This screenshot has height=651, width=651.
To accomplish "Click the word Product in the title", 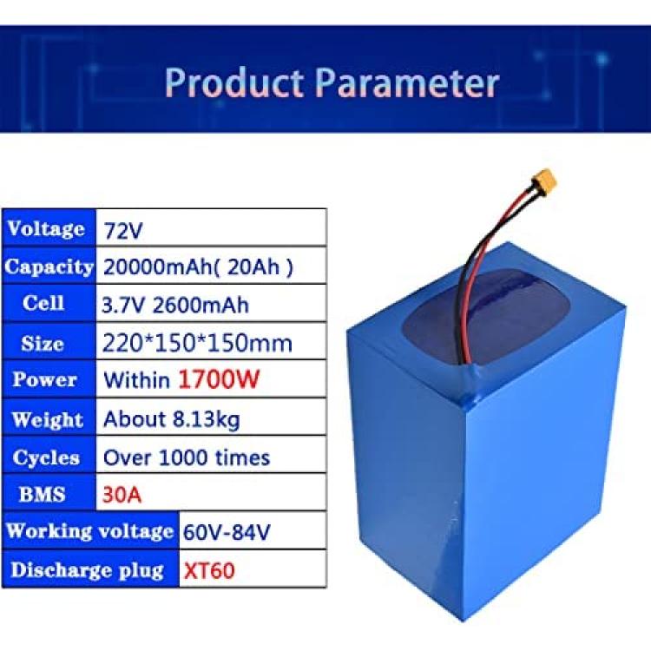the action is [x=234, y=82].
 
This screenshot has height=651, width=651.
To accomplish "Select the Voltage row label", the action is [x=46, y=229].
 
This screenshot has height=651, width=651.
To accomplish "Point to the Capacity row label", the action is [x=49, y=266].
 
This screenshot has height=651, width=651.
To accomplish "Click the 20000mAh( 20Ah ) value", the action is [x=198, y=266].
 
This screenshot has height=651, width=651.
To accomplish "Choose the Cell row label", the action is [x=43, y=303].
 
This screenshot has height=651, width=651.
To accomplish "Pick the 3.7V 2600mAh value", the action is [x=174, y=306].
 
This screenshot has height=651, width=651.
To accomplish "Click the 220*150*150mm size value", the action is [x=197, y=344].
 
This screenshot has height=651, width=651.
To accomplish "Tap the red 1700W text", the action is [x=219, y=379].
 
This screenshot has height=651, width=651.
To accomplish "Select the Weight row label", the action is [x=48, y=419].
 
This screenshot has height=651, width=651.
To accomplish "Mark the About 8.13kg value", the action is [x=172, y=419].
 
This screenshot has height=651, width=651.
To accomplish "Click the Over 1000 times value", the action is [x=187, y=457].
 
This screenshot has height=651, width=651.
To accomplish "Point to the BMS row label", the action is [x=42, y=495].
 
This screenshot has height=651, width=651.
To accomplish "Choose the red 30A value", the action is [x=122, y=495].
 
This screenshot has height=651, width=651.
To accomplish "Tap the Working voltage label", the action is [x=89, y=531].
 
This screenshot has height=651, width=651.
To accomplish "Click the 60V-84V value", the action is [x=227, y=532].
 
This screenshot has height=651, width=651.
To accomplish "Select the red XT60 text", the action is [x=209, y=570].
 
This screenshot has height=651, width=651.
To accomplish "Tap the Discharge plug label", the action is [x=87, y=570].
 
